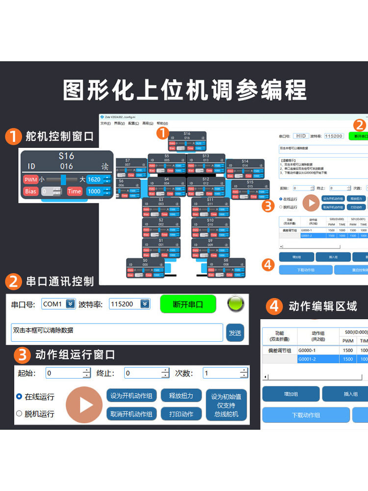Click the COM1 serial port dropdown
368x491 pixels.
point(58,304)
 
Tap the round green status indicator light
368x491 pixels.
point(236,304)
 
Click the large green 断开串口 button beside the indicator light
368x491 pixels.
point(188,304)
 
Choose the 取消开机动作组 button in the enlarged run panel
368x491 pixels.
point(131,414)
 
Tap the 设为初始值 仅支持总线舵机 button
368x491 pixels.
point(226,405)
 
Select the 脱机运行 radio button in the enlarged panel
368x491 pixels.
point(20,413)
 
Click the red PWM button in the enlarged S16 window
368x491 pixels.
point(30,180)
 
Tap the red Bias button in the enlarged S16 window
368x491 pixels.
point(30,191)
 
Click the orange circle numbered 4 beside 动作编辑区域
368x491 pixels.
point(274,307)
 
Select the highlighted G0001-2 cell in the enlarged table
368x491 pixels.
point(318,359)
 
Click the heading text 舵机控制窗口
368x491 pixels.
point(60,136)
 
